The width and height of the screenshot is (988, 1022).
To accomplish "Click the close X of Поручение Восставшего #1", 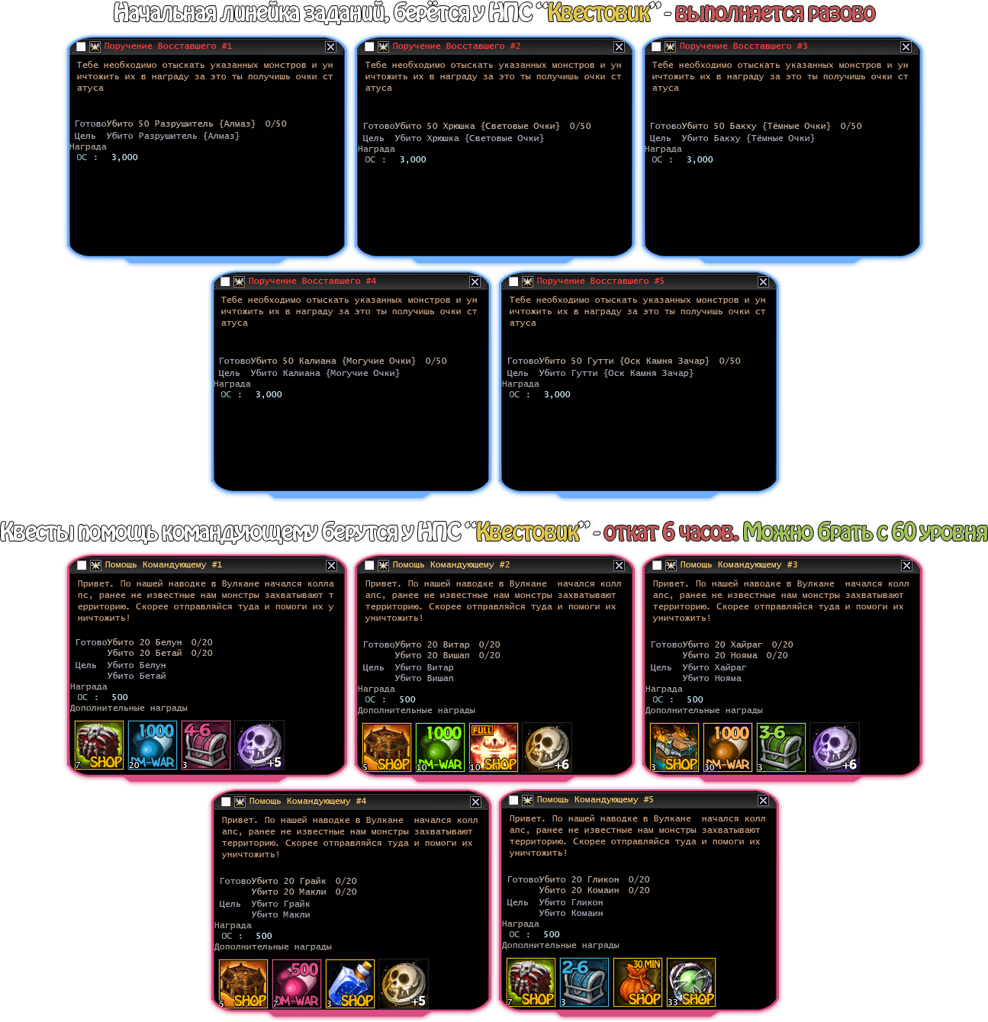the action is (330, 47).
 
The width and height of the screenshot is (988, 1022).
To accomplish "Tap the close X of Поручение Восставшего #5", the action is (763, 282).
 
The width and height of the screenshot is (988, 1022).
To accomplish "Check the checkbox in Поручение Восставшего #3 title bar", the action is (656, 47).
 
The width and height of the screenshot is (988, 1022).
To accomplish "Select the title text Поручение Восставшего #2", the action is (456, 47).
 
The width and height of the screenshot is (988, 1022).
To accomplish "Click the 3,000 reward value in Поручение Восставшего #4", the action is (269, 394).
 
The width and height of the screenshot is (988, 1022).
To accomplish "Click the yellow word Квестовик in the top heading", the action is (599, 13).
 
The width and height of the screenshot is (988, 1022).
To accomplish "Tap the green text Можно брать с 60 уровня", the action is (865, 532).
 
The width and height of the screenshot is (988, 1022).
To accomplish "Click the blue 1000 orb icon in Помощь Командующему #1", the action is (153, 744).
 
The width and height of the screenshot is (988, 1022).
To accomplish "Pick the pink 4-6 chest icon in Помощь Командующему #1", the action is (206, 744).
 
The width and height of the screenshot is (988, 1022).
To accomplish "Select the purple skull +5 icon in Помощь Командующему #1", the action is (259, 744).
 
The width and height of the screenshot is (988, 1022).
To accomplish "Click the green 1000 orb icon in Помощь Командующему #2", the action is (440, 747).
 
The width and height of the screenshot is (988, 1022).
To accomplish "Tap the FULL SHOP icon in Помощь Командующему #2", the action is (493, 747).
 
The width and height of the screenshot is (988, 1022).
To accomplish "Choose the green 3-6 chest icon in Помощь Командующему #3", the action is (781, 747).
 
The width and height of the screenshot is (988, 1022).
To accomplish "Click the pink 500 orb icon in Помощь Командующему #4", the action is (297, 984).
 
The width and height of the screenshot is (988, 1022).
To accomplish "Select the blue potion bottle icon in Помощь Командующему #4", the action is (350, 984).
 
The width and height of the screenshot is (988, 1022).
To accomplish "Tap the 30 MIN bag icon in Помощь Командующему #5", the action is (638, 982).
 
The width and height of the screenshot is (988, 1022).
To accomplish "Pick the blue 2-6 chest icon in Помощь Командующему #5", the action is (584, 982).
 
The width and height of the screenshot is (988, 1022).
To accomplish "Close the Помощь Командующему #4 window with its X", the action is (475, 802).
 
